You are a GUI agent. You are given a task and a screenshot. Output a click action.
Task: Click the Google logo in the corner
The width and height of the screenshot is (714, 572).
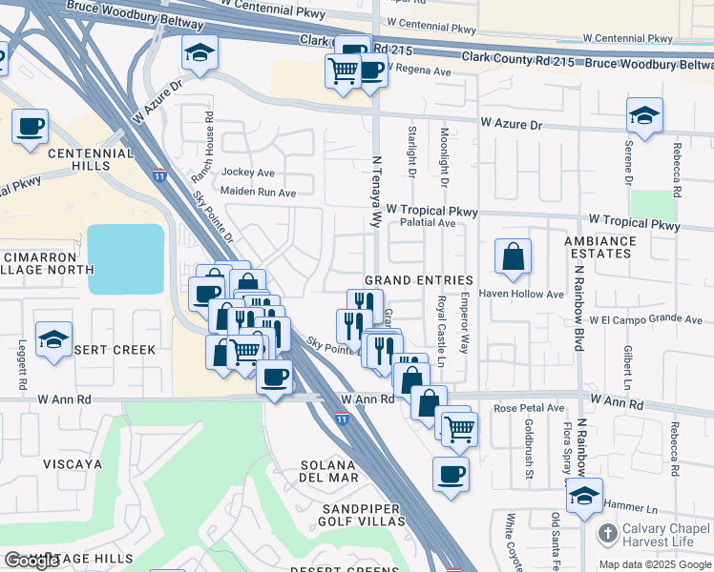[x=31, y=561]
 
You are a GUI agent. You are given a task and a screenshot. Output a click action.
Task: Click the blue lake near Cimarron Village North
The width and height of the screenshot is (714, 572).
[x=126, y=258]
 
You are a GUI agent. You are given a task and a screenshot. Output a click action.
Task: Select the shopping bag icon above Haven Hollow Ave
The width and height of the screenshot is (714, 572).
[x=513, y=256]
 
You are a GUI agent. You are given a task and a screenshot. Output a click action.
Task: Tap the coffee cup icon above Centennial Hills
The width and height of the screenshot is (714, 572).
[x=31, y=126]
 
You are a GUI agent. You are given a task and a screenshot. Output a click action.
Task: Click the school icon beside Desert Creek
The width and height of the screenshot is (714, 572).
[x=54, y=338]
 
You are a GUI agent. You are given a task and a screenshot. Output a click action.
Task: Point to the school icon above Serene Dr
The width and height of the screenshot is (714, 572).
[x=645, y=116]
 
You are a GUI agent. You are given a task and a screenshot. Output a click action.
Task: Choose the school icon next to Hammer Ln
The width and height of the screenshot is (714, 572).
[x=584, y=496]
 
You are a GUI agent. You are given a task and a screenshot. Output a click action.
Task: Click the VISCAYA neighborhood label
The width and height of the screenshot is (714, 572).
[x=72, y=464]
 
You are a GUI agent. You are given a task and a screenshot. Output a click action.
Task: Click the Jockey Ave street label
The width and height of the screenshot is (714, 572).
[x=247, y=174]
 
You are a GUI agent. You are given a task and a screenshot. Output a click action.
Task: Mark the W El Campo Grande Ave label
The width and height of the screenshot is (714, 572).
[x=644, y=319]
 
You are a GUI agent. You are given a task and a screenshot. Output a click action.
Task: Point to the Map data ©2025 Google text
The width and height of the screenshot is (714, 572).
[x=654, y=564]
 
